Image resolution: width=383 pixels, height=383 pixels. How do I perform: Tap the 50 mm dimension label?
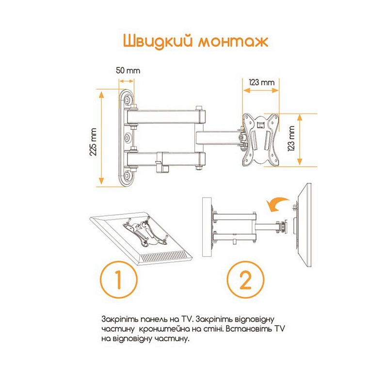pyautogui.click(x=128, y=70)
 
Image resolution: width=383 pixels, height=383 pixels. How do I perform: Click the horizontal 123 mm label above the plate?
pyautogui.click(x=261, y=82)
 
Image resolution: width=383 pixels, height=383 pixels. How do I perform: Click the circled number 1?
pyautogui.click(x=118, y=280)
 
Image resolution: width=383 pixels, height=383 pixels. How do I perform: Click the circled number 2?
pyautogui.click(x=246, y=280)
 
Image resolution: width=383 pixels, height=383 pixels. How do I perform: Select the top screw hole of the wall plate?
pyautogui.click(x=128, y=100)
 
